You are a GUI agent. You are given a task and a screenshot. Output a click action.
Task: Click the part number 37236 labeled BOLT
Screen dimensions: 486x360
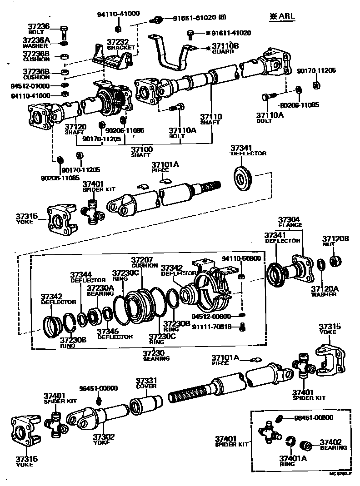[x=39, y=29]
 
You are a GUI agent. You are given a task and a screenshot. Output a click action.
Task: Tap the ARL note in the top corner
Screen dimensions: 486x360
[x=282, y=16]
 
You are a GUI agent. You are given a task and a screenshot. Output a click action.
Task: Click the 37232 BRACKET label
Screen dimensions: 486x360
[x=121, y=44]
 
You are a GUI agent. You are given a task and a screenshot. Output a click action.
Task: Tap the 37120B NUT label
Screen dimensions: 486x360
[x=335, y=241]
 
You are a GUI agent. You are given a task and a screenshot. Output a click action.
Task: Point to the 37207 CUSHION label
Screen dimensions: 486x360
[x=145, y=263]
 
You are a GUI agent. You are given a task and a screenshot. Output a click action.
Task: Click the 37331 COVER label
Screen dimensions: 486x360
[x=147, y=383]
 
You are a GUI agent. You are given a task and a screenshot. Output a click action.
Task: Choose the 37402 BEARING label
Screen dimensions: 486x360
[x=333, y=444]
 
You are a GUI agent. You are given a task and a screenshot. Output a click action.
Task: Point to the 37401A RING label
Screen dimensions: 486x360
[x=293, y=461]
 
